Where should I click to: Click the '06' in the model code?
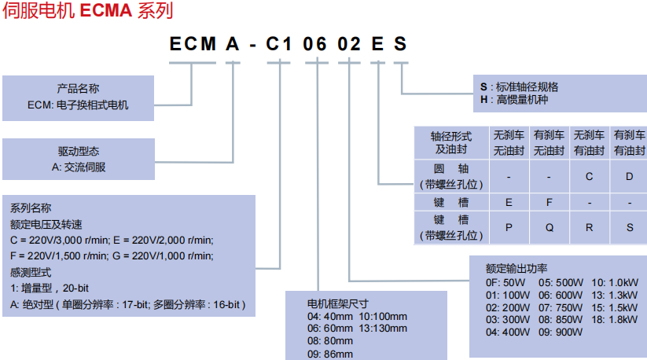pyautogui.click(x=314, y=45)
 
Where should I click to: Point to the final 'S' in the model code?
pyautogui.click(x=400, y=45)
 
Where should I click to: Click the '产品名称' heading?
pyautogui.click(x=78, y=89)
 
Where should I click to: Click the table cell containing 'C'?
pyautogui.click(x=589, y=177)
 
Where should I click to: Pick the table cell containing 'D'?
pyautogui.click(x=629, y=177)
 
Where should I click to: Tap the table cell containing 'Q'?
pyautogui.click(x=550, y=227)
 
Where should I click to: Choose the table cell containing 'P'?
pyautogui.click(x=509, y=227)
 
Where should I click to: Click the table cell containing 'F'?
pyautogui.click(x=550, y=202)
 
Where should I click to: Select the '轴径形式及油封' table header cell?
pyautogui.click(x=451, y=142)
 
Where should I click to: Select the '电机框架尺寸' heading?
pyautogui.click(x=337, y=303)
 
